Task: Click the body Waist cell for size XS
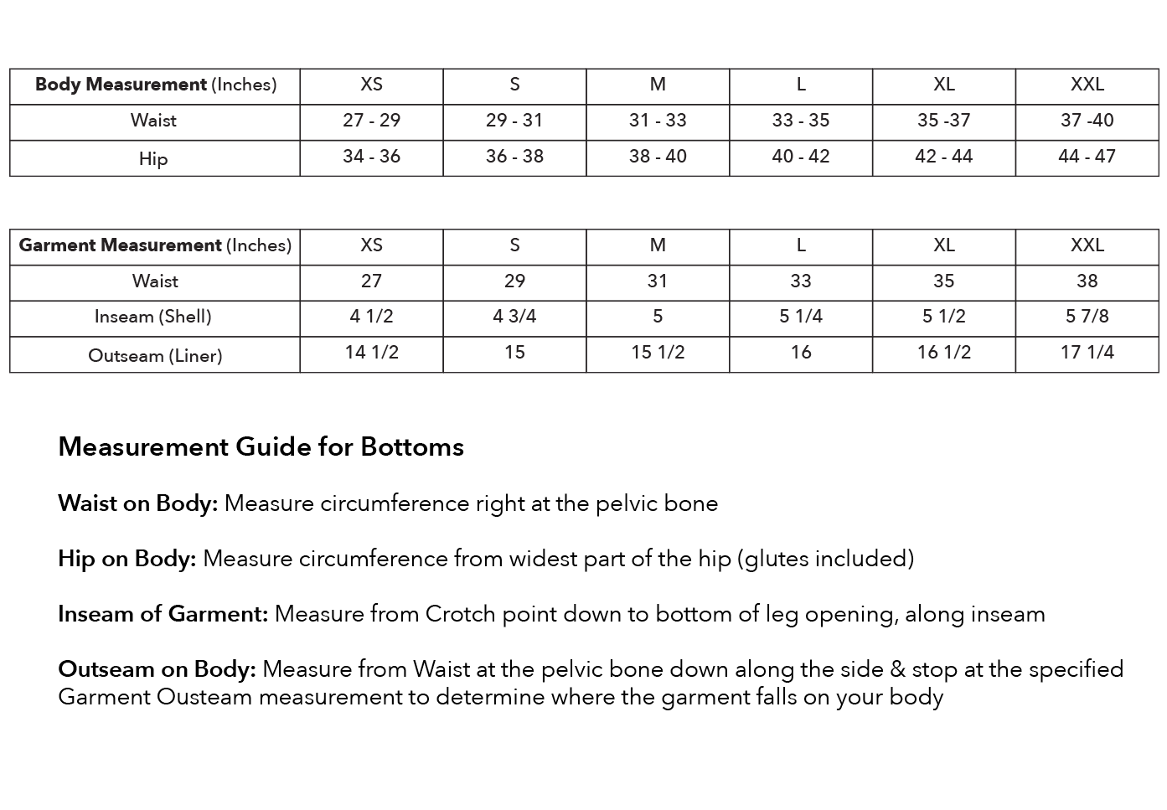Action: point(371,121)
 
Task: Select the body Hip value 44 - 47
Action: point(1087,157)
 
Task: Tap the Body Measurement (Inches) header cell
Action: point(155,85)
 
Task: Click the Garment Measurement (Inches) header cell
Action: point(155,245)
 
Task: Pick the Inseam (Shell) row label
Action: point(153,317)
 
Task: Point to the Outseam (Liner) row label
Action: point(155,355)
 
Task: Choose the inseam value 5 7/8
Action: point(1087,317)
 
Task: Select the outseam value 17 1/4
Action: point(1087,353)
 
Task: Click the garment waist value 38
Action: point(1087,281)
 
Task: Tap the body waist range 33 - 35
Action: point(800,121)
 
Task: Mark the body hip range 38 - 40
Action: point(658,157)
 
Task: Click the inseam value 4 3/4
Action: point(514,317)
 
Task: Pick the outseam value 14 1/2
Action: point(371,353)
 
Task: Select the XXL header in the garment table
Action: point(1087,245)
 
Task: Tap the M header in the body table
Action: point(658,85)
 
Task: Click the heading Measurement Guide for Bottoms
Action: point(261,446)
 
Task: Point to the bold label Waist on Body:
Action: point(137,503)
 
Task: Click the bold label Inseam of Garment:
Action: point(163,614)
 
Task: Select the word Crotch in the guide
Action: point(460,614)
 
